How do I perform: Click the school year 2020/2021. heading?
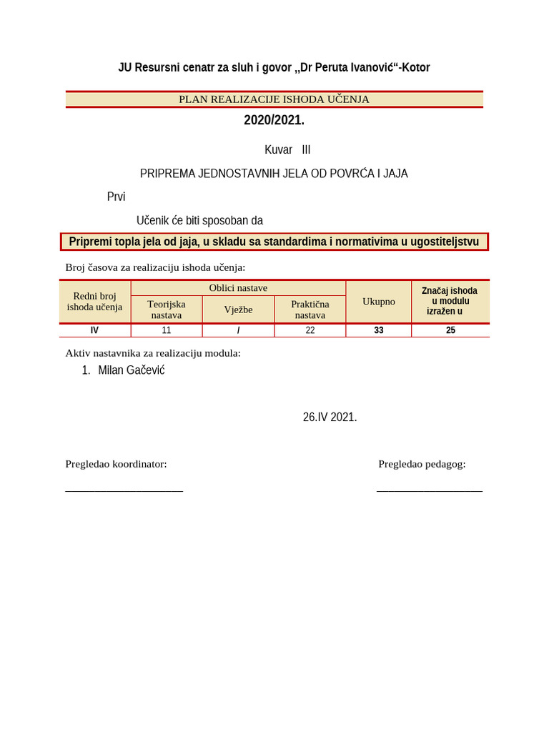[274, 120]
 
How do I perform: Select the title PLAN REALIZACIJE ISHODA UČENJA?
[274, 99]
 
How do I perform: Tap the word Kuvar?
[278, 150]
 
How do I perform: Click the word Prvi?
[116, 197]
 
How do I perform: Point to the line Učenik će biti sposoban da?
[199, 220]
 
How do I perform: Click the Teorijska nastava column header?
[167, 309]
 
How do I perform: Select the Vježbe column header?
[238, 310]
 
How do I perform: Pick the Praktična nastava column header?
[310, 309]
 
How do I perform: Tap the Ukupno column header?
[378, 302]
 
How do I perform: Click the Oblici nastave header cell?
[238, 288]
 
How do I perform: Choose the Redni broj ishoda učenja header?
[94, 301]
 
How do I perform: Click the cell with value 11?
[167, 330]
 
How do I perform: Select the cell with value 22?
[310, 330]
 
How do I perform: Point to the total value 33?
[378, 330]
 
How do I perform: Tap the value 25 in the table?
[450, 330]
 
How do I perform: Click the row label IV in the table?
[94, 330]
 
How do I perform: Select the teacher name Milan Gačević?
[131, 370]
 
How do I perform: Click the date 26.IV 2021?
[330, 417]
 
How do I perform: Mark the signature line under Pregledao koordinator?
[124, 490]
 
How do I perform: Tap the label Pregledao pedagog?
[422, 464]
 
